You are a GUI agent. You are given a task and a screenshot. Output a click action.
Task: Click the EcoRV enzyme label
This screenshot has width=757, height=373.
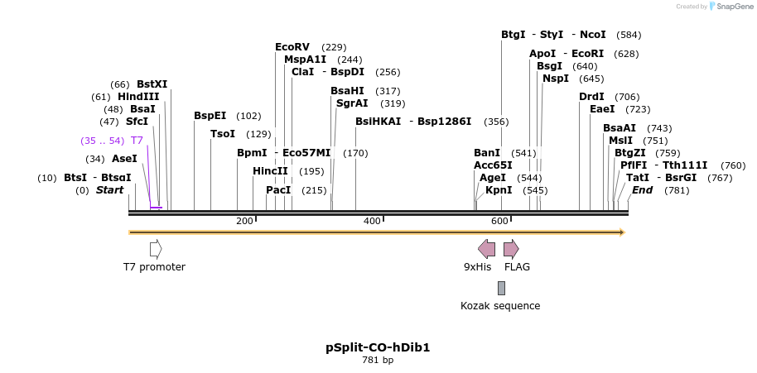[x=292, y=47]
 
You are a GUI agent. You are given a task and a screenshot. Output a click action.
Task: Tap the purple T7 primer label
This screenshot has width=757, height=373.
[x=137, y=141]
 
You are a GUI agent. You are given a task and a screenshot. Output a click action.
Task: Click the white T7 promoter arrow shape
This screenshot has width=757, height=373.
[x=156, y=249]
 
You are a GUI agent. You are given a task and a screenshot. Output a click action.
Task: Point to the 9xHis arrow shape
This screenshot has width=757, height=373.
[x=487, y=249]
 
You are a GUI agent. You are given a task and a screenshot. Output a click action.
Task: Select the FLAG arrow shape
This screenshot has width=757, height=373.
[x=511, y=249]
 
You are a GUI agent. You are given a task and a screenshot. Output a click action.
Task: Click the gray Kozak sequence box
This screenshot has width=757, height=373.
[x=501, y=288]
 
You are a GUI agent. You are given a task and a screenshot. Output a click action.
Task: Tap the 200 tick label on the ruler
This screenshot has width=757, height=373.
[x=244, y=221]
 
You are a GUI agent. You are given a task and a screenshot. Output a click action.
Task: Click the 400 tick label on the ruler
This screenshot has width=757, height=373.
[x=372, y=221]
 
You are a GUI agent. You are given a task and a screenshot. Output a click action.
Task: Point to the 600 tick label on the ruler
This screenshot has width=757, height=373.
[x=499, y=221]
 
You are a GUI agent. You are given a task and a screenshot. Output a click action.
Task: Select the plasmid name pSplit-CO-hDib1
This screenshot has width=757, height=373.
[x=378, y=347]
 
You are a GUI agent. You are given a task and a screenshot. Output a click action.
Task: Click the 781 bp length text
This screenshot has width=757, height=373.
[x=378, y=361]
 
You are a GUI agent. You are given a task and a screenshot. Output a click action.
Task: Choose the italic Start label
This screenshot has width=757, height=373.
[x=109, y=190]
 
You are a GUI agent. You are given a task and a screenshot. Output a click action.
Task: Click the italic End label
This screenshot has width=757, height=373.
[x=642, y=190]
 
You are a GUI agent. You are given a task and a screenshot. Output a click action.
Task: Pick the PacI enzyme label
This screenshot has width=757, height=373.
[x=278, y=190]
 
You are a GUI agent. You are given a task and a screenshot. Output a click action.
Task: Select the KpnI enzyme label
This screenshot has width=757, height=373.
[x=499, y=190]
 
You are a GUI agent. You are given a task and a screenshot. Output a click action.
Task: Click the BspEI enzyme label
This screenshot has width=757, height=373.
[x=210, y=116]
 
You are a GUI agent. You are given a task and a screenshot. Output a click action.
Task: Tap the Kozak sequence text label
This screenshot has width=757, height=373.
[x=500, y=306]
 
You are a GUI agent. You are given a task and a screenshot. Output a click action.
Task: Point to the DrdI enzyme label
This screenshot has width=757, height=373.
[x=591, y=97]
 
